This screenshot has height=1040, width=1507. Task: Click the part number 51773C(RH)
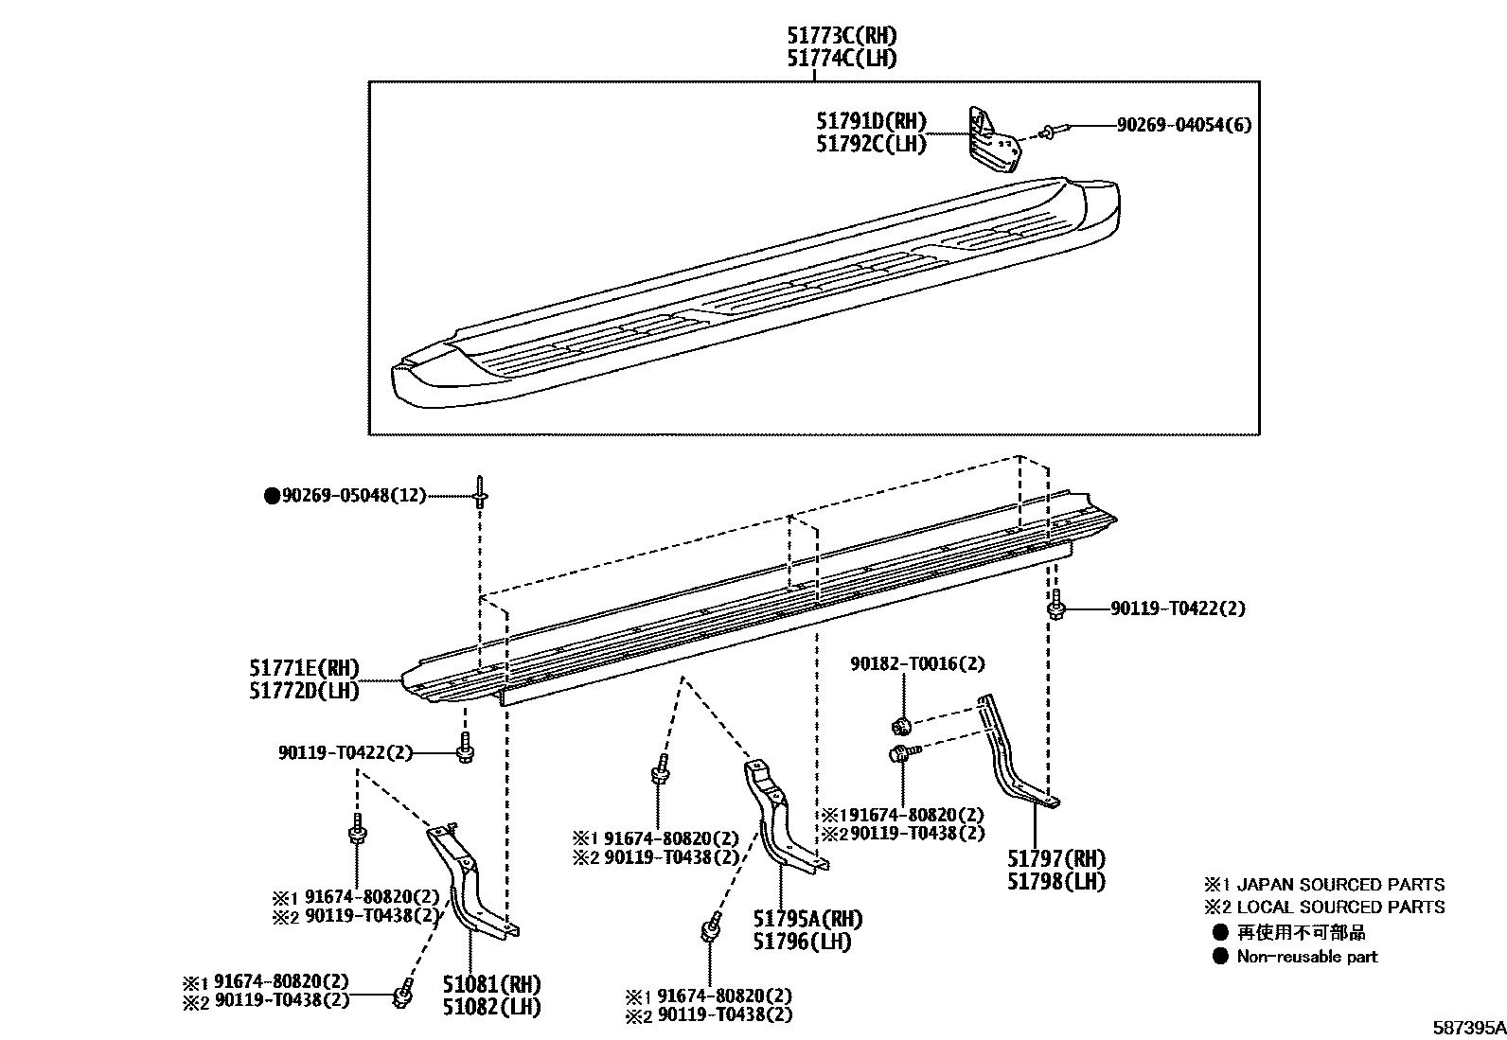point(842,36)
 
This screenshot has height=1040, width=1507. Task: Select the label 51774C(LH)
point(842,59)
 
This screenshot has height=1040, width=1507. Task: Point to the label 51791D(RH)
point(871,122)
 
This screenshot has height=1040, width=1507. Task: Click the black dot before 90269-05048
point(272,495)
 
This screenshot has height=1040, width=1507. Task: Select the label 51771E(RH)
point(304,669)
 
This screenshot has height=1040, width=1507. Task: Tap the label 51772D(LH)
point(304,691)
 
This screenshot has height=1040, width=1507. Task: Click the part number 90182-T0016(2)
point(916,664)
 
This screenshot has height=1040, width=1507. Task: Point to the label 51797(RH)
point(1055,859)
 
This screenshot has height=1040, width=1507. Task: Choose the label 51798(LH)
point(1055,881)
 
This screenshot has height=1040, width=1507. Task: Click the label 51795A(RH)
point(807,919)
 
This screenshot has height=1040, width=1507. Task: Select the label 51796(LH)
point(802,942)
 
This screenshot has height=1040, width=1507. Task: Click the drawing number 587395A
point(1466,1028)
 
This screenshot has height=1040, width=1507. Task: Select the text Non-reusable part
point(1306,957)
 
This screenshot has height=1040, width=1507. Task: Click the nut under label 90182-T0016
point(901,726)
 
